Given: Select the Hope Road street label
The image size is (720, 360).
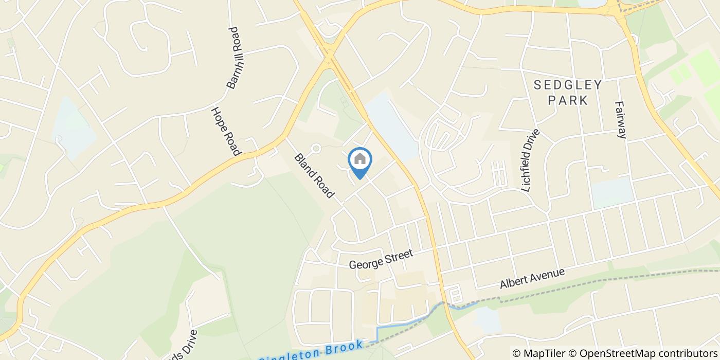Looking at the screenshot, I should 226,131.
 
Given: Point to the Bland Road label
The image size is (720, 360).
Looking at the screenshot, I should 314,176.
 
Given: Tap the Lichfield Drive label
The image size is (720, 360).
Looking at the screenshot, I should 531,160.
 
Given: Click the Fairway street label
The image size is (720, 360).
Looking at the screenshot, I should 621,119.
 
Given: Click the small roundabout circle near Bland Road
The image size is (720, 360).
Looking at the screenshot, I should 316,149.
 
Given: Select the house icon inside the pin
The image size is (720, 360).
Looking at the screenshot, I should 360,159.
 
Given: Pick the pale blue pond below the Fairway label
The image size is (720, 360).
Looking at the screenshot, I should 612,192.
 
